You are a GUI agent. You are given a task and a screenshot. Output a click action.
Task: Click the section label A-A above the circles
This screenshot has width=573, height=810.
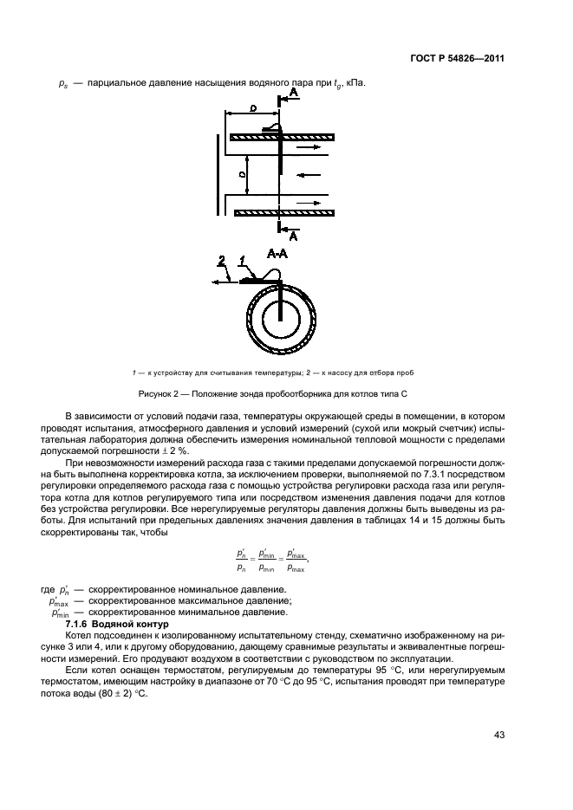(278, 254)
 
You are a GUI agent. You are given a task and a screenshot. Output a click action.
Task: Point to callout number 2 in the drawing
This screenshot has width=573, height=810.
(222, 260)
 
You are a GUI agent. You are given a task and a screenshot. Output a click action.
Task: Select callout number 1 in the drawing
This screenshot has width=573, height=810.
(244, 260)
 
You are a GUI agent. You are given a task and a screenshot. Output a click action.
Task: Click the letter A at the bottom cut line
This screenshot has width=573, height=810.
(293, 235)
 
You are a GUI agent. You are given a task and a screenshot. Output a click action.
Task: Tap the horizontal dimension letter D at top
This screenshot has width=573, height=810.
(251, 110)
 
